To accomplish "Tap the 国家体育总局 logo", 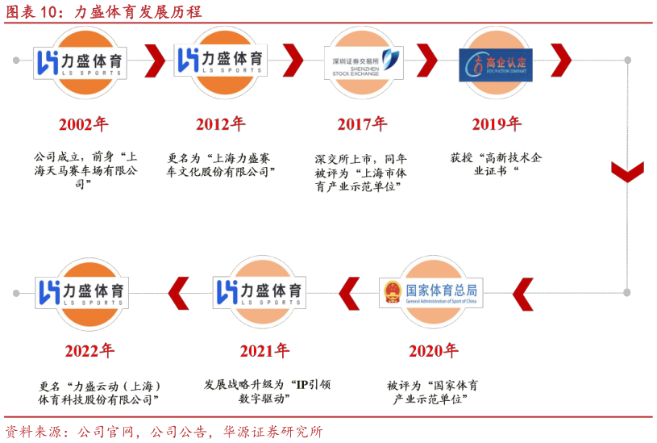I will pyautogui.click(x=431, y=292).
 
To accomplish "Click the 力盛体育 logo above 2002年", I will pyautogui.click(x=81, y=62).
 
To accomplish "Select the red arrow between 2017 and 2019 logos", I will pyautogui.click(x=426, y=59).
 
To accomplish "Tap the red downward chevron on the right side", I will pyautogui.click(x=627, y=172).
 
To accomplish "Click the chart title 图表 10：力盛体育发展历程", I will pyautogui.click(x=104, y=11).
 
